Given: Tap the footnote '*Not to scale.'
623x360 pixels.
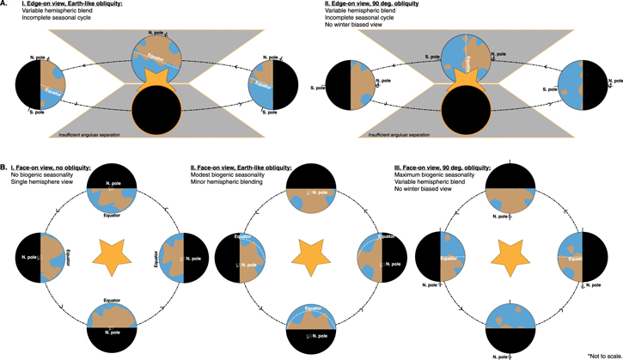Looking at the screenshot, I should [x=603, y=354].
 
